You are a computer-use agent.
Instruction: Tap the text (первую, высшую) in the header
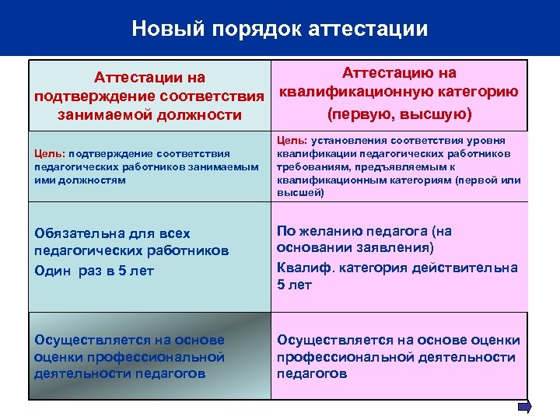pyautogui.click(x=399, y=114)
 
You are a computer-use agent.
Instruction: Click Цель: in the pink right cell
pyautogui.click(x=292, y=141)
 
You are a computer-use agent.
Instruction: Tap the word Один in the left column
pyautogui.click(x=54, y=271)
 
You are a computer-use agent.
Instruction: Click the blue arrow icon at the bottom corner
pyautogui.click(x=524, y=407)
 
